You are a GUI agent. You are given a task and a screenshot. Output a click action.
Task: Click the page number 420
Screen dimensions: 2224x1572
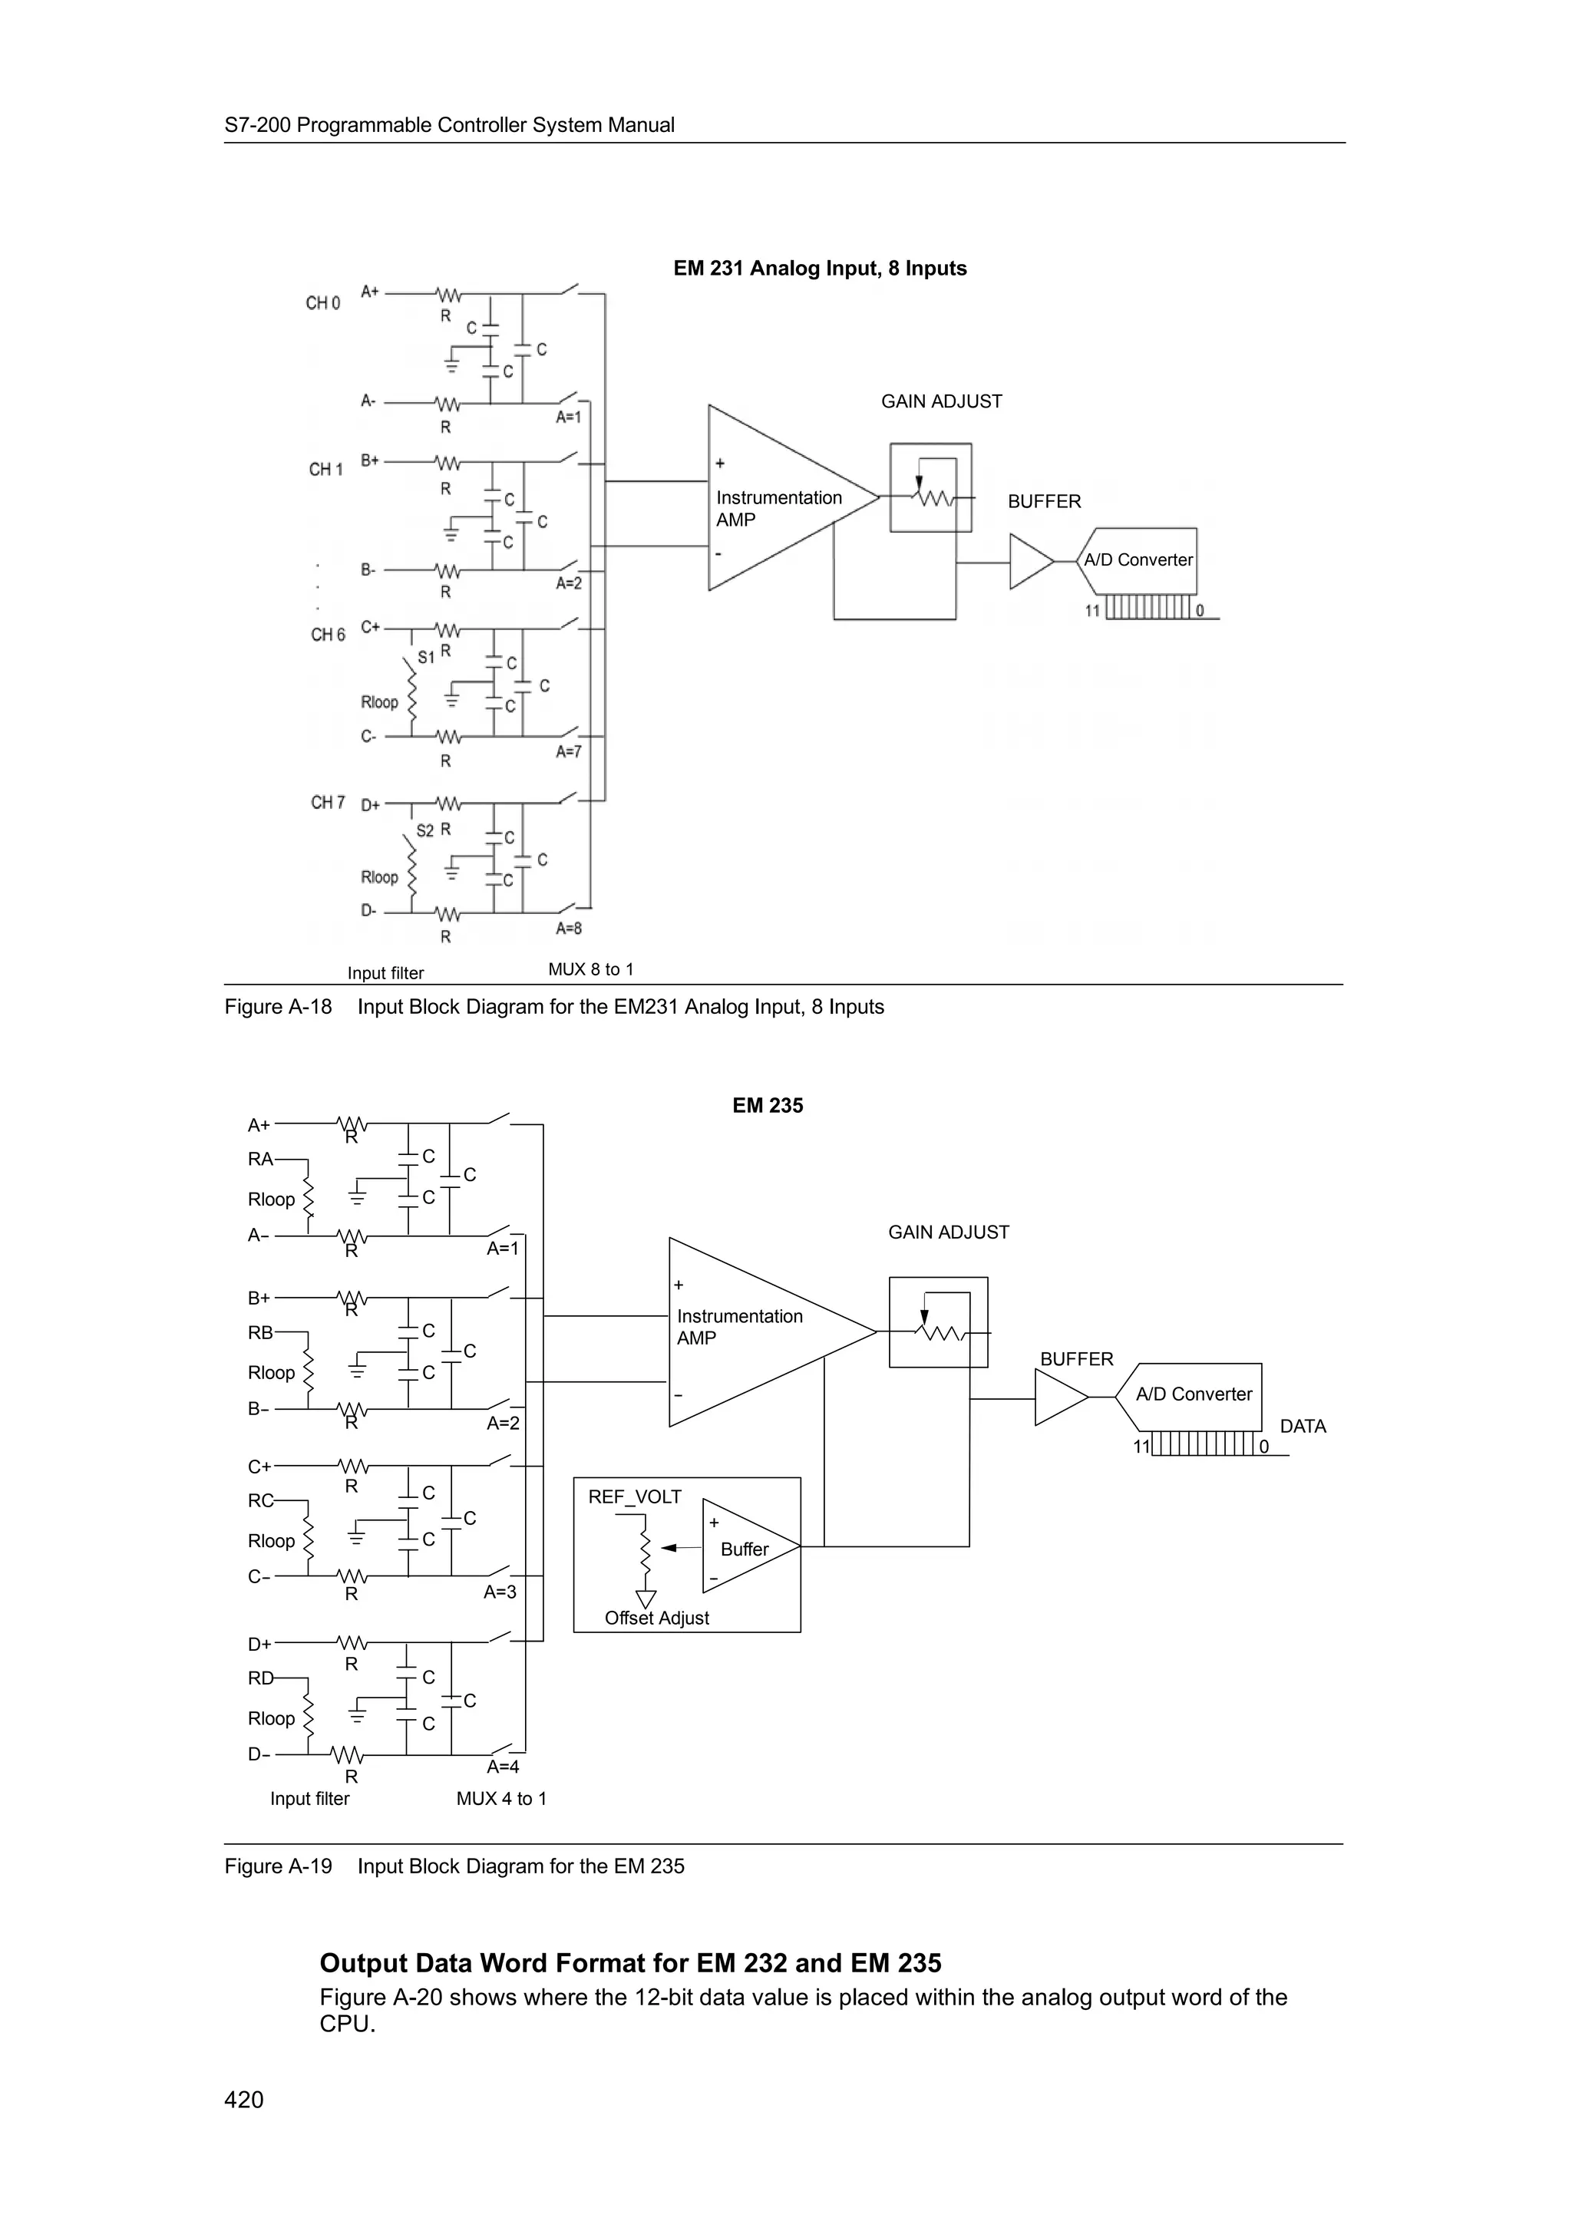(x=243, y=2099)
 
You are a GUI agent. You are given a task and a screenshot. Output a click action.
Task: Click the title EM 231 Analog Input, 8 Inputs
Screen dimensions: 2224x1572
(x=820, y=269)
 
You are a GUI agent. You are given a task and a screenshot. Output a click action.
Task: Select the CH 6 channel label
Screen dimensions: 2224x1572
(x=328, y=635)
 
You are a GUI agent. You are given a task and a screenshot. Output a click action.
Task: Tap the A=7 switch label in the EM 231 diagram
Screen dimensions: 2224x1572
(x=569, y=751)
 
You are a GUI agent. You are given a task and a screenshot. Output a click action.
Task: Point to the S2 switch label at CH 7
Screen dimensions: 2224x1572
(x=425, y=830)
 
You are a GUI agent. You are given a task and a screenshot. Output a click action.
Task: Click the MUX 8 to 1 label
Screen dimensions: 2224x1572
(x=591, y=968)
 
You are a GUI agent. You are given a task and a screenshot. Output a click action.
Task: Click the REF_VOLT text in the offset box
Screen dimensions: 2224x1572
(x=635, y=1496)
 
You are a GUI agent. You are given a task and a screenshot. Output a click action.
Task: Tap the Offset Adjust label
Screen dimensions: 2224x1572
(x=657, y=1618)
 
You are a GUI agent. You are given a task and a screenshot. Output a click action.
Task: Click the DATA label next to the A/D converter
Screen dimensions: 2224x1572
(x=1302, y=1426)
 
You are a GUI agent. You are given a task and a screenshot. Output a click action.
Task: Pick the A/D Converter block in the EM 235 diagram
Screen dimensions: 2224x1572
(x=1194, y=1395)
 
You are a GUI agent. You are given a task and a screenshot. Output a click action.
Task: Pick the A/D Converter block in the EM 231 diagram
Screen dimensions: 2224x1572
(x=1138, y=560)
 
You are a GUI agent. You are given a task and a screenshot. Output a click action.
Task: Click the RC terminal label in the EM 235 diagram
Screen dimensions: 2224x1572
(x=260, y=1500)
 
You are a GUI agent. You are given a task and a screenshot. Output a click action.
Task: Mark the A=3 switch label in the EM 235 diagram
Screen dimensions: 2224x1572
(x=500, y=1592)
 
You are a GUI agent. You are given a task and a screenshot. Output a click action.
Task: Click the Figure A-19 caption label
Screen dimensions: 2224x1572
(x=278, y=1866)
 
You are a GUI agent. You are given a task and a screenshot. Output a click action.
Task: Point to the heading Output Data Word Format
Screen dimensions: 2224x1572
(x=629, y=1963)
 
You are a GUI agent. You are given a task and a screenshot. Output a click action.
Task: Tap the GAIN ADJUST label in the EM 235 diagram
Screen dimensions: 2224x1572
(x=948, y=1232)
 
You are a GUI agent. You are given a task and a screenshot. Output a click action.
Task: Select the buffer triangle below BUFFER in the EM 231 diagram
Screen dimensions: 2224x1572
(x=1029, y=562)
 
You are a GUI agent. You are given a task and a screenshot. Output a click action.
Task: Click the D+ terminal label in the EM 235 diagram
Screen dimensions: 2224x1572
(x=259, y=1644)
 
